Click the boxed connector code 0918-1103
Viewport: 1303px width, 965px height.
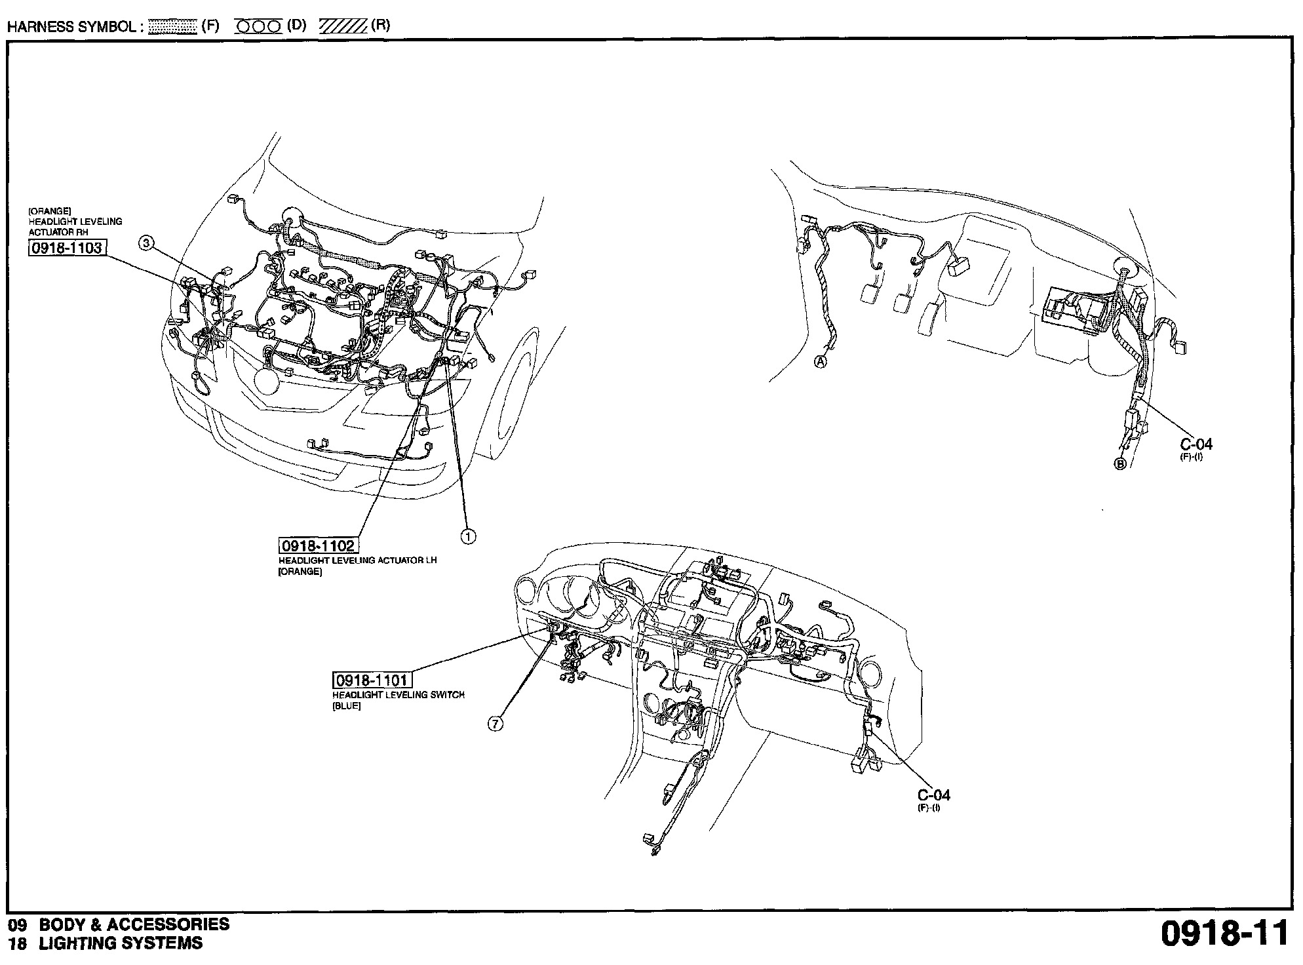click(67, 248)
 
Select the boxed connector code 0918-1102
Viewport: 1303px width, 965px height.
click(318, 546)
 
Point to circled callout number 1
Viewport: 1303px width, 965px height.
click(468, 536)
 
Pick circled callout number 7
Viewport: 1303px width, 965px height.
click(496, 724)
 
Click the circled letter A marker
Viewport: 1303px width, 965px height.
click(821, 361)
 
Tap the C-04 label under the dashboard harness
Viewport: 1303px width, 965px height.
click(933, 795)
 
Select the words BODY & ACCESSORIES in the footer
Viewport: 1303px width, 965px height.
click(134, 925)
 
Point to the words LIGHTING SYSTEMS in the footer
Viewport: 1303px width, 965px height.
click(121, 944)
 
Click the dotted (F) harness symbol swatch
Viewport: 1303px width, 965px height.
click(172, 26)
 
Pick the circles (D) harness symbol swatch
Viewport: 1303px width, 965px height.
click(258, 26)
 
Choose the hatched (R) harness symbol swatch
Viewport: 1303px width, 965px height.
click(343, 26)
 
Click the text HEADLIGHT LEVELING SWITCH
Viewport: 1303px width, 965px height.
click(399, 695)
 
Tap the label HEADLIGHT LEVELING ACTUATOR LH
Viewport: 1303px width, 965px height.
click(358, 561)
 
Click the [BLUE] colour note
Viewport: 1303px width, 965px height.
click(347, 707)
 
